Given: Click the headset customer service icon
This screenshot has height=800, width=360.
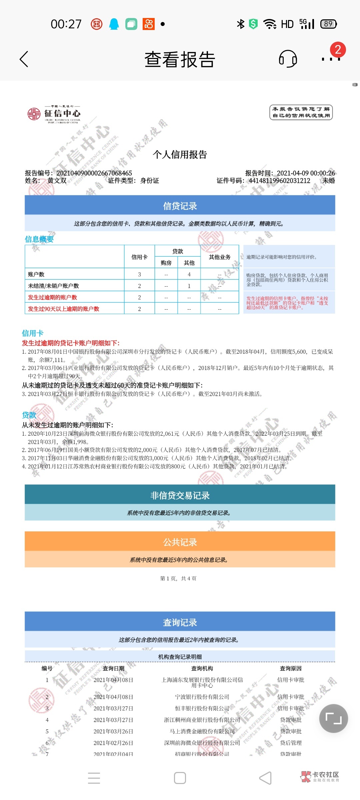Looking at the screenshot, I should (x=288, y=59).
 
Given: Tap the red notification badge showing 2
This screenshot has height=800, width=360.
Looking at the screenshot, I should (x=338, y=50).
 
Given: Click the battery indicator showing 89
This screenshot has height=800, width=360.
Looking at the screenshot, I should (x=328, y=24).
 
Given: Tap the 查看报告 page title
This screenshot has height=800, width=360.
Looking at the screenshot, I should (x=180, y=60).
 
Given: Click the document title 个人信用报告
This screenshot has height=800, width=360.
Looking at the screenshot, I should (x=180, y=154).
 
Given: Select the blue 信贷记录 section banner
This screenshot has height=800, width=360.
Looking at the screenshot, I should (x=180, y=206).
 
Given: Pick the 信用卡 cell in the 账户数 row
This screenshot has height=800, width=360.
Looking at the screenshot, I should (x=139, y=274).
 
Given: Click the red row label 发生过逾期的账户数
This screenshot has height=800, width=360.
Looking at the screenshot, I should (x=52, y=297).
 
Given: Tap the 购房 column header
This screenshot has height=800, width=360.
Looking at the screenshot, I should (x=166, y=263).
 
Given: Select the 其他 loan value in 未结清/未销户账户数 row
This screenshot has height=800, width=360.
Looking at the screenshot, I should (x=189, y=286).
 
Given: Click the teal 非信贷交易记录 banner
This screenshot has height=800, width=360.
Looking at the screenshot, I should (x=180, y=495).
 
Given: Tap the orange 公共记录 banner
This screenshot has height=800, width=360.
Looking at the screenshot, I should (x=180, y=542).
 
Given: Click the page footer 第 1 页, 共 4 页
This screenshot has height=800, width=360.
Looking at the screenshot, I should (x=178, y=578).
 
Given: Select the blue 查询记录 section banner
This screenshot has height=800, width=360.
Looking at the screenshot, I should (x=180, y=622).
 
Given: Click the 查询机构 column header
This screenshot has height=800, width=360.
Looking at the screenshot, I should (x=202, y=668).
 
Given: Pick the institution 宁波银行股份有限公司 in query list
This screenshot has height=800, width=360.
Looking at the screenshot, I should (x=202, y=697).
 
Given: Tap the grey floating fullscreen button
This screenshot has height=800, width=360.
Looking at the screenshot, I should (x=333, y=718).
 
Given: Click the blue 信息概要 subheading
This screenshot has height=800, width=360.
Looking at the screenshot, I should (x=39, y=239).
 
